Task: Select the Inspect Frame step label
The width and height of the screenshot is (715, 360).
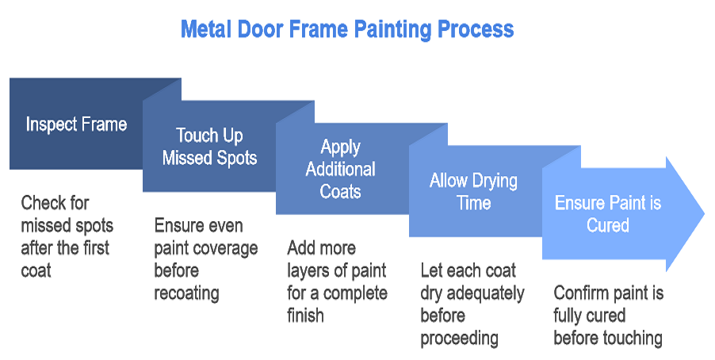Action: click(x=76, y=124)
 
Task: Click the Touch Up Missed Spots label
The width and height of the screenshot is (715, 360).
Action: click(x=209, y=147)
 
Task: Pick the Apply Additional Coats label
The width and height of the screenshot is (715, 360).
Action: click(x=341, y=169)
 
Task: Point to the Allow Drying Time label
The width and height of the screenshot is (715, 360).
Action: click(x=473, y=191)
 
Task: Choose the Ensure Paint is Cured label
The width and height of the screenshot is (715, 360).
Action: click(x=608, y=214)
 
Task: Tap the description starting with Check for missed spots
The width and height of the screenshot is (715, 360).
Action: click(x=65, y=236)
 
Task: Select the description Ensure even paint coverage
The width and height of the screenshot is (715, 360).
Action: click(x=206, y=259)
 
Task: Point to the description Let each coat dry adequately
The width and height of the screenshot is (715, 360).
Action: click(x=472, y=304)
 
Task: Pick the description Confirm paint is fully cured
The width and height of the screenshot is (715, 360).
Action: click(x=608, y=316)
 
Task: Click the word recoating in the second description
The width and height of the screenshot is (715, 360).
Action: click(x=186, y=293)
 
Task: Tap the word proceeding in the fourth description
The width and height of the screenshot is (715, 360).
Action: click(x=459, y=339)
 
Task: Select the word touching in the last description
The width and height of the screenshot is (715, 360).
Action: click(x=631, y=339)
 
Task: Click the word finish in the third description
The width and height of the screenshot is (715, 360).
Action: click(x=305, y=316)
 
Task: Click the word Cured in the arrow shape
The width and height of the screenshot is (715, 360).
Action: click(x=608, y=225)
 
